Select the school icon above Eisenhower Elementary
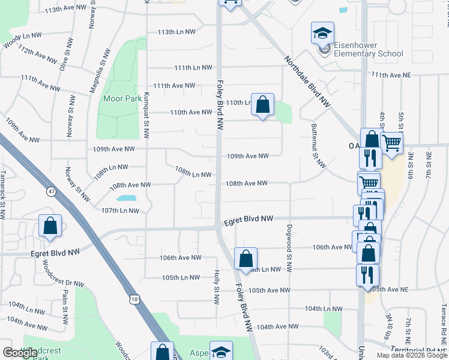(x=322, y=33)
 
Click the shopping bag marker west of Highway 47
(x=50, y=226)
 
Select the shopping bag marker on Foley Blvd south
(x=246, y=259)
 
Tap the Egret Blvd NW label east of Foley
(x=249, y=220)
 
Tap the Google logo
(x=20, y=353)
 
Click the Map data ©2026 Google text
(x=412, y=355)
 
